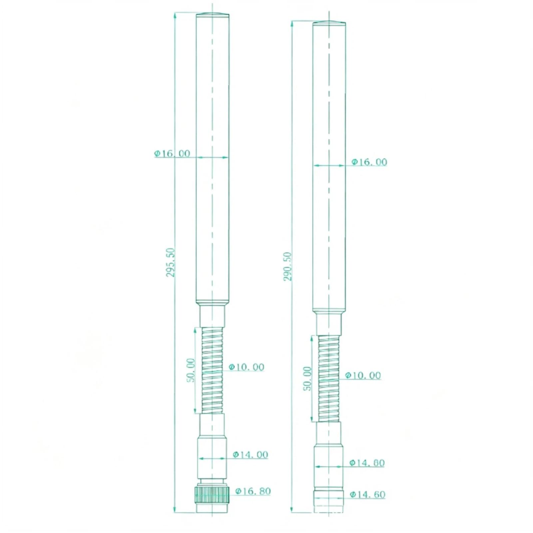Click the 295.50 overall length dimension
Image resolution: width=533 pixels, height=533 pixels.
point(170,262)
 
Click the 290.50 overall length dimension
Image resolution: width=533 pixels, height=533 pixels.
point(287,266)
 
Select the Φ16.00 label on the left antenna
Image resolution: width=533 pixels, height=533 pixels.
point(172,153)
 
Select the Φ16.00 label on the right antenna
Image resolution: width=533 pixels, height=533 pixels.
point(369,162)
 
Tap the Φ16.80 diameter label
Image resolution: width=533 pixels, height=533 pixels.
point(253,491)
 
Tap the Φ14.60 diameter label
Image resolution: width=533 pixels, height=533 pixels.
point(367,494)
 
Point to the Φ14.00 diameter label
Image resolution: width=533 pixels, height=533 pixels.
point(250,454)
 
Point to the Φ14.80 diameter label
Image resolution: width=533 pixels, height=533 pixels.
point(367,463)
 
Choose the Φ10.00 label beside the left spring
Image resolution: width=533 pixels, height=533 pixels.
point(246,367)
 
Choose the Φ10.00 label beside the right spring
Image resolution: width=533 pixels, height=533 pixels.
point(363,375)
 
